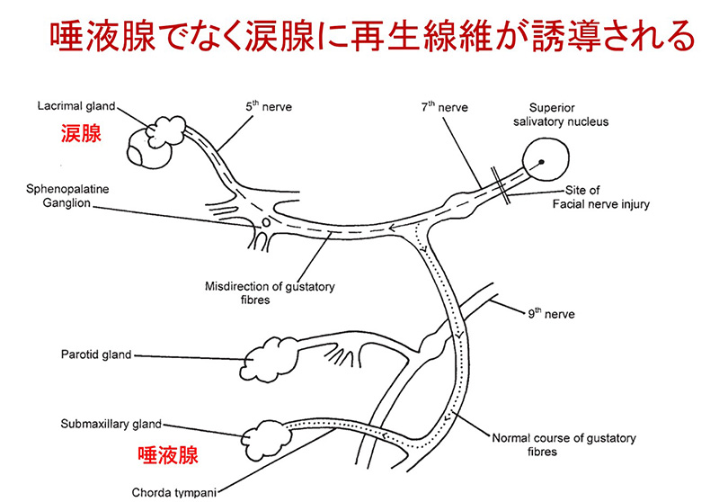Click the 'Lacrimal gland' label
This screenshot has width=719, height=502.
click(76, 106)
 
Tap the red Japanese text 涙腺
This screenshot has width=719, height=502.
click(81, 134)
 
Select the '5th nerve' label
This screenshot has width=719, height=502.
click(268, 106)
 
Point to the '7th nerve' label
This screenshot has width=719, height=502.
click(444, 107)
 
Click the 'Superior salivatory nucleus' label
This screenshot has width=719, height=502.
click(560, 115)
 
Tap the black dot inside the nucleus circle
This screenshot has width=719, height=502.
click(541, 162)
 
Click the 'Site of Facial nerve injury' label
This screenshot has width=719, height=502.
click(600, 197)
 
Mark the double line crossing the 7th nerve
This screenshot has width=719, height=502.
click(501, 185)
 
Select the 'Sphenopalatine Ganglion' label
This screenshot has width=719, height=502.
click(67, 196)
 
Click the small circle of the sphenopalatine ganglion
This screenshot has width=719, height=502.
click(266, 222)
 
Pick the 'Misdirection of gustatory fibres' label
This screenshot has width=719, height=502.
click(270, 293)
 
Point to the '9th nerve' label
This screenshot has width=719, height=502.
click(551, 314)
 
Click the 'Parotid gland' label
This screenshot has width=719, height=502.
click(96, 354)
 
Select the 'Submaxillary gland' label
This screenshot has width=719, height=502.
click(111, 424)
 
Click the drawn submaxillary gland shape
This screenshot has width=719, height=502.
click(266, 440)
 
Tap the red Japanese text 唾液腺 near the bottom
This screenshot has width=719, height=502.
click(168, 455)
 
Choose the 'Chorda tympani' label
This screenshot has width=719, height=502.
click(173, 493)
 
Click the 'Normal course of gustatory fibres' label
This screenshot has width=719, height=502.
click(564, 444)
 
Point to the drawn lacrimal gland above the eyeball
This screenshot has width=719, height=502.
click(165, 130)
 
